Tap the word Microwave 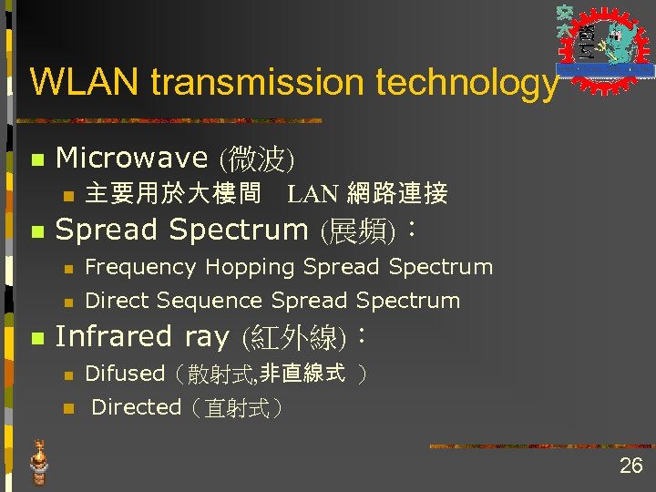tap(132, 158)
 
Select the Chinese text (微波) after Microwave tap(255, 159)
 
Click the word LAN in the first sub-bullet tap(314, 194)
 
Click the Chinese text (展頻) tap(357, 230)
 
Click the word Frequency tap(140, 267)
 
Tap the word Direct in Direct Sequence tap(117, 301)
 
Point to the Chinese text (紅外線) tap(294, 338)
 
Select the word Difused tap(124, 374)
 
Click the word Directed tap(137, 407)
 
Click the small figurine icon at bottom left tap(38, 461)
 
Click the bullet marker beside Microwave tap(36, 159)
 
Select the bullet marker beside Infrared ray tap(36, 338)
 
